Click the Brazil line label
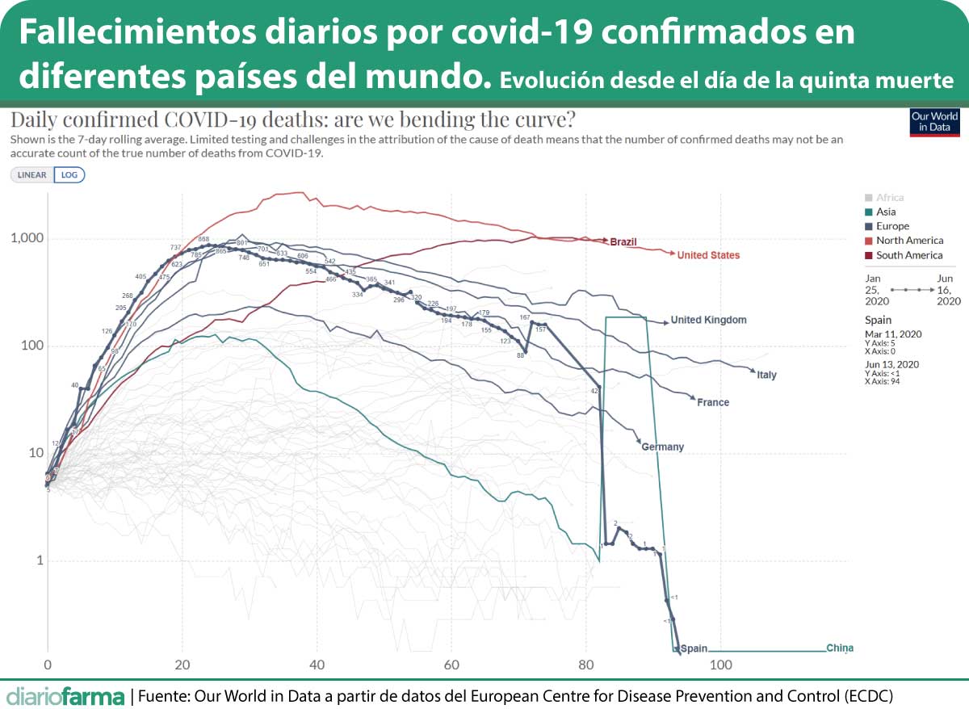(x=624, y=241)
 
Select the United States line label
(x=708, y=255)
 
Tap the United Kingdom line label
(x=708, y=320)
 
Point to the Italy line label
(x=766, y=375)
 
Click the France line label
(x=713, y=402)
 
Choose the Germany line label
(x=663, y=447)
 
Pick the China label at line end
(x=840, y=648)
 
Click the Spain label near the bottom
(x=694, y=648)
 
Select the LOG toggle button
(x=69, y=174)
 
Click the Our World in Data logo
(x=934, y=121)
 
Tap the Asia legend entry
(x=885, y=212)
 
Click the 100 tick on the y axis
(x=31, y=346)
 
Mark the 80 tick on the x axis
(x=585, y=665)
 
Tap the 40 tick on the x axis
(x=317, y=665)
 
